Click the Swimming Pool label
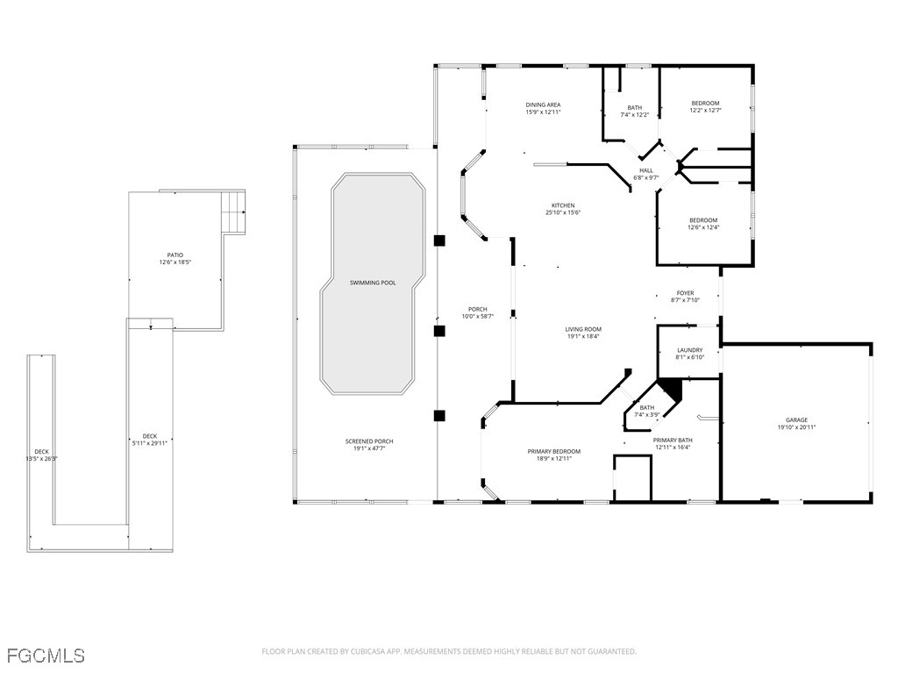pos(373,283)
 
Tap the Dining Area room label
pos(543,105)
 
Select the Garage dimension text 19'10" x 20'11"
pos(796,427)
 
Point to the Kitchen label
pos(563,205)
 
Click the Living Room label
pos(583,329)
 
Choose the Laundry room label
pos(689,350)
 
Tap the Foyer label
pos(685,293)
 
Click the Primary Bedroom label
pos(554,452)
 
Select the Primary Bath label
pos(673,441)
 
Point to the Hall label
pos(646,170)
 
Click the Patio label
pos(175,255)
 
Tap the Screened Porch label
pos(369,441)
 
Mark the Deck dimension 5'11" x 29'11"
pos(149,443)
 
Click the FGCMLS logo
pos(46,656)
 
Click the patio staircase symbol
pos(233,212)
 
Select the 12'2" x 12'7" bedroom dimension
pos(705,110)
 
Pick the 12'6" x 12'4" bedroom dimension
pos(703,227)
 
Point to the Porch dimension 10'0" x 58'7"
pos(478,316)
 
